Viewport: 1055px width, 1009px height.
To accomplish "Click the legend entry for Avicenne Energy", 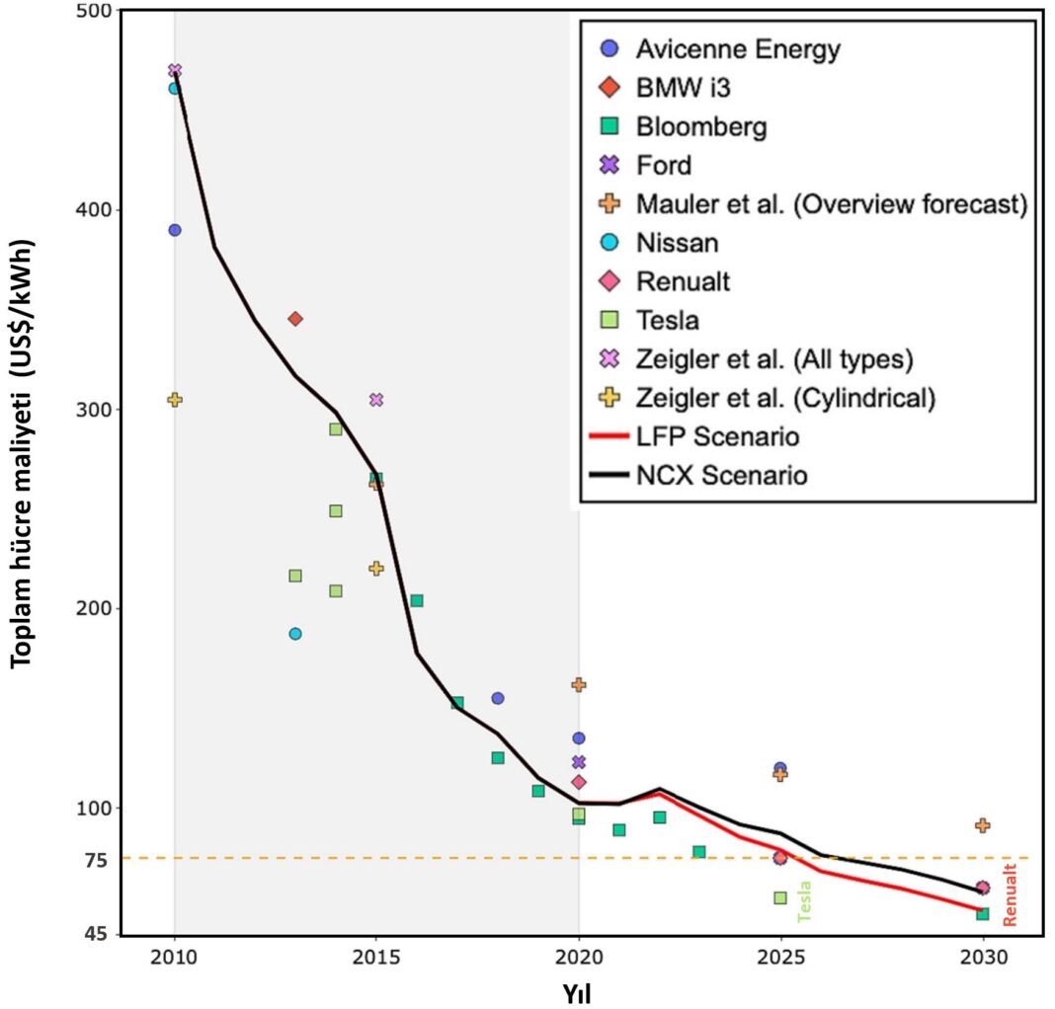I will (x=737, y=48).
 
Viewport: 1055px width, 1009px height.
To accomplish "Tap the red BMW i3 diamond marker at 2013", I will (x=295, y=319).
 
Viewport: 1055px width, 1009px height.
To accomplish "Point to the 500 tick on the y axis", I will (x=94, y=10).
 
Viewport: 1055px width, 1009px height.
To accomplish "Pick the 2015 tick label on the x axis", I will (x=375, y=958).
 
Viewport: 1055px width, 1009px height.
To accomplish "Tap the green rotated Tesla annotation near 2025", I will (x=804, y=900).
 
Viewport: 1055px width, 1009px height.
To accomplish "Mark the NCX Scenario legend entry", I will (x=721, y=476).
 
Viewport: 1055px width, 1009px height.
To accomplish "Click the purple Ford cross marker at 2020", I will (x=579, y=762).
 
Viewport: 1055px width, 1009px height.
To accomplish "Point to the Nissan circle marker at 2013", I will (x=295, y=634).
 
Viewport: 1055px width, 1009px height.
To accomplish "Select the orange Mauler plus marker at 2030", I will (x=982, y=825).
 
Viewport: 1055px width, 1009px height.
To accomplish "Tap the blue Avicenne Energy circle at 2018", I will (x=498, y=699).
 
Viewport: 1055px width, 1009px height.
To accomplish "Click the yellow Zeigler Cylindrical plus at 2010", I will (x=175, y=400).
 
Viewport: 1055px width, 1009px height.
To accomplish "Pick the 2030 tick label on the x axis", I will (x=982, y=958).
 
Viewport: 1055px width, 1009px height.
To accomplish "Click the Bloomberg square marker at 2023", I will (x=699, y=852).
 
